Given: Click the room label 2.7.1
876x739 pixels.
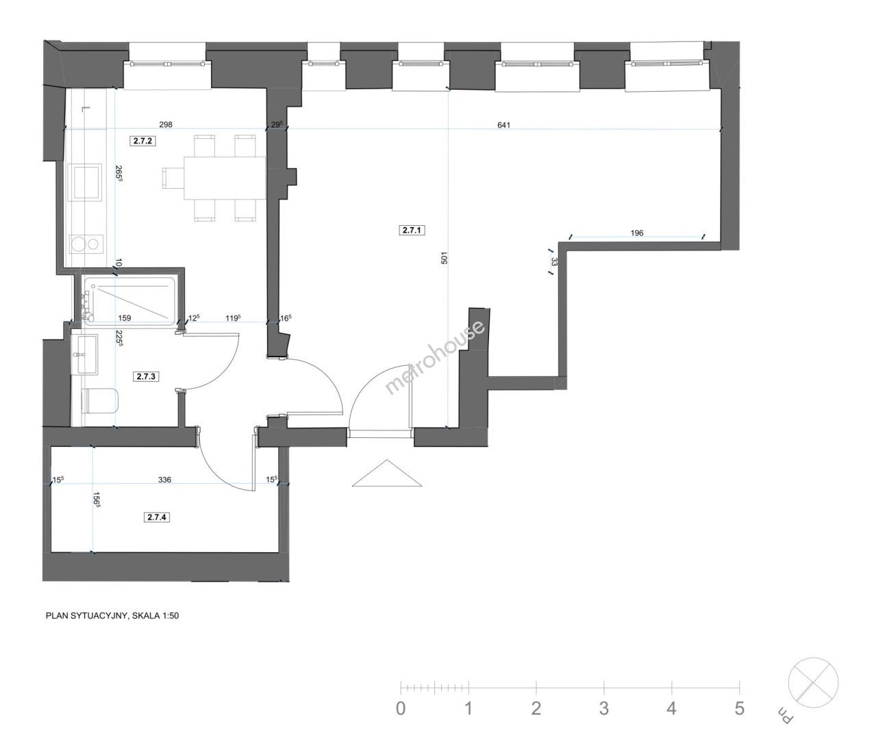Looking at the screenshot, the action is coord(412,230).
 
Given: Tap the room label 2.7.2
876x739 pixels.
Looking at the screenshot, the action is coord(142,141).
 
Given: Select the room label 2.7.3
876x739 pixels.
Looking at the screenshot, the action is coord(146,376).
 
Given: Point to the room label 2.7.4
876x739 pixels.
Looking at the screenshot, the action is coord(157,517).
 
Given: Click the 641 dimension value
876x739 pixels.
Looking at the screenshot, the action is coord(503,125).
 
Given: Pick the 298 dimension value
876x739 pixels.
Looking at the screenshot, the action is coord(166,125).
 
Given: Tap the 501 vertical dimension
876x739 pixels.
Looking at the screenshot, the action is coord(445,257).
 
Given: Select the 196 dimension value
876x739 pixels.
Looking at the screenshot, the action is coord(637,233).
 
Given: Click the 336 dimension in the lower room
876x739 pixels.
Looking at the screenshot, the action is coord(164,480).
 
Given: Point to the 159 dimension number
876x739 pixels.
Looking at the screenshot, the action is coord(125,318).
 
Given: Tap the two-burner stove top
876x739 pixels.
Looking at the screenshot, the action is coord(86,244).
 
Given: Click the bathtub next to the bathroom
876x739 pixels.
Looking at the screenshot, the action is coord(129,300).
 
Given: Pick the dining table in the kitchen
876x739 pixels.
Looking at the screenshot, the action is coord(225,178).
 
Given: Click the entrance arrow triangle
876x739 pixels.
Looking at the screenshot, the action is coord(387,474).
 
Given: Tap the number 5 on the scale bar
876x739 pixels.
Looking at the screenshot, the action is coord(739,708).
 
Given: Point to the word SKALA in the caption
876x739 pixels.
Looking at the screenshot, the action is coord(146,616).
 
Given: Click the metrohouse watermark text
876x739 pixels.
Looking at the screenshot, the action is coord(434,357).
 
